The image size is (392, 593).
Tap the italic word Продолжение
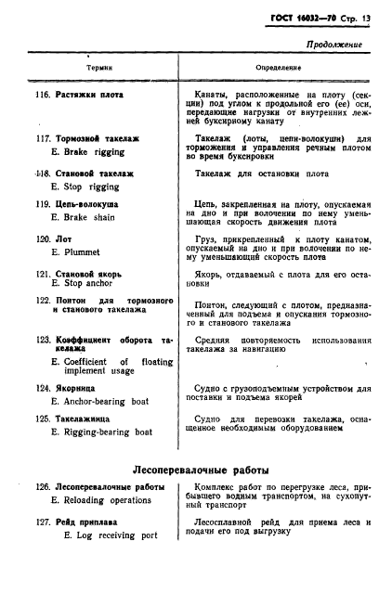click(332, 44)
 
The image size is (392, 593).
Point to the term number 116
click(42, 95)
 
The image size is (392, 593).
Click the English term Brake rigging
click(95, 152)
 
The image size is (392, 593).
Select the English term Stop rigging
click(92, 187)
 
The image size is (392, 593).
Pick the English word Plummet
click(80, 251)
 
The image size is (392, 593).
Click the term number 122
click(42, 301)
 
